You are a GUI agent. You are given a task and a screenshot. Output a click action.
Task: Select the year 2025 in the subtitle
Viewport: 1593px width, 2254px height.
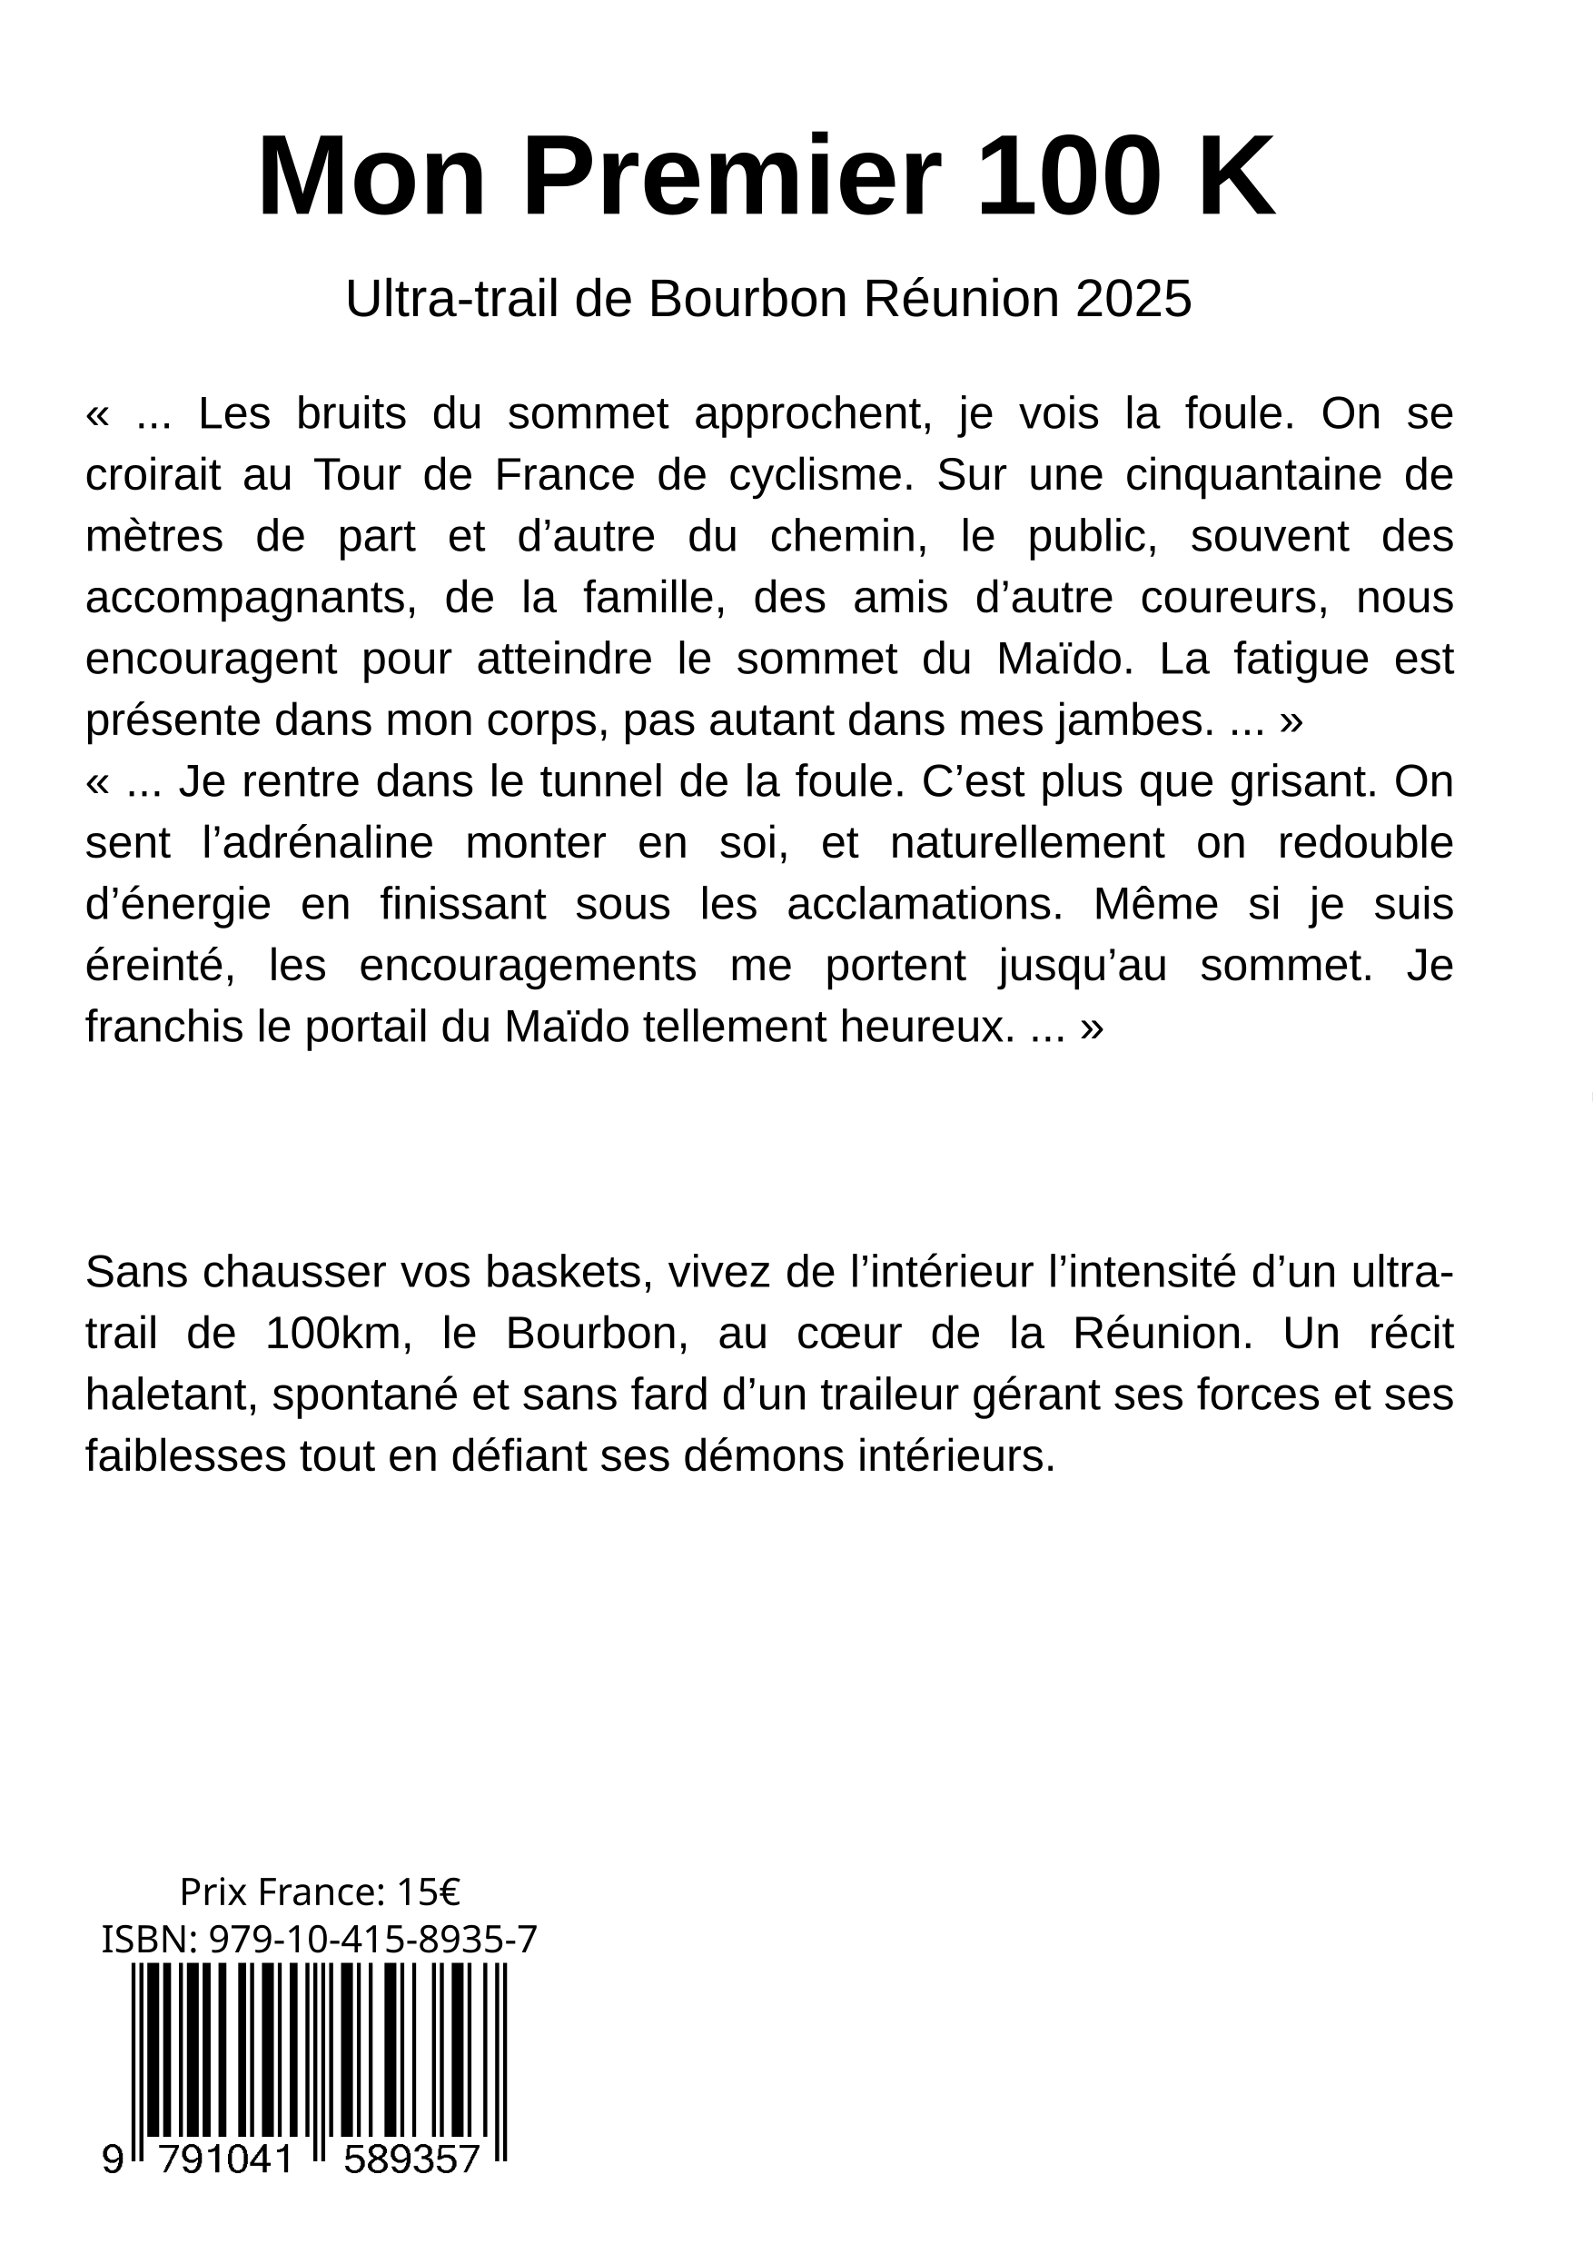coord(1133,300)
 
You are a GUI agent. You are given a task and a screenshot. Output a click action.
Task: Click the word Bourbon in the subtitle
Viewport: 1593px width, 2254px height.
coord(746,300)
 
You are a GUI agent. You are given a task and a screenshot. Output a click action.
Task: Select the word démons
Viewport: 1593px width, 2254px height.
coord(765,1457)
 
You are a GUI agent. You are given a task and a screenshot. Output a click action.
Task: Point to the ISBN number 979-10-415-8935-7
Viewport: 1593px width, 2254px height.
coord(373,1940)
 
